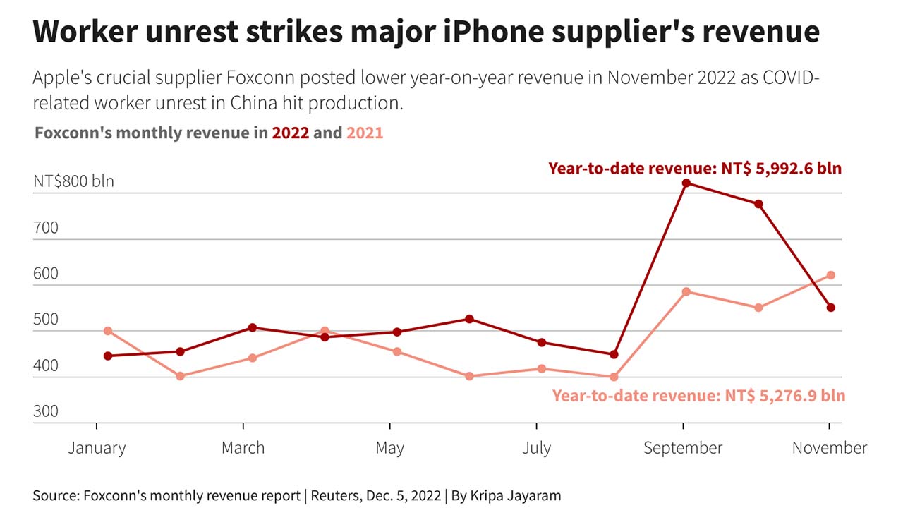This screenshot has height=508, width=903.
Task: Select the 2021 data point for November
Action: [x=831, y=275]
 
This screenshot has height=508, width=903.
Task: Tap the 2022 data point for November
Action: [x=831, y=308]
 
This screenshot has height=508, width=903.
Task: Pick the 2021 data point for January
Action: [x=108, y=331]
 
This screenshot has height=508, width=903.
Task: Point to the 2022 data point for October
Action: [x=758, y=204]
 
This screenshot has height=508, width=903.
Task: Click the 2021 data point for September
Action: [x=686, y=291]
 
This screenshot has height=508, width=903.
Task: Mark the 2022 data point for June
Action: [x=469, y=319]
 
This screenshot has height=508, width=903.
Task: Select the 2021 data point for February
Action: [x=181, y=376]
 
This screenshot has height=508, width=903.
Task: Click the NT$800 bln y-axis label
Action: [x=73, y=181]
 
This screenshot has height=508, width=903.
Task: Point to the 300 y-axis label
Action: [x=46, y=411]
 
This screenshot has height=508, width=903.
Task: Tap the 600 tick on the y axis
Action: [x=46, y=274]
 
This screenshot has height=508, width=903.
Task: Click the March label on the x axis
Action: [x=243, y=448]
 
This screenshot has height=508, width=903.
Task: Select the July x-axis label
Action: [x=537, y=448]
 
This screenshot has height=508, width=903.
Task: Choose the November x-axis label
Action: [x=830, y=448]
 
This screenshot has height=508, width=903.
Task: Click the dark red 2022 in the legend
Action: [x=291, y=133]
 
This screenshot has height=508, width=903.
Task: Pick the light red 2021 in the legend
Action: [x=365, y=133]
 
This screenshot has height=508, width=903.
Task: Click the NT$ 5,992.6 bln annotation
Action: [x=781, y=169]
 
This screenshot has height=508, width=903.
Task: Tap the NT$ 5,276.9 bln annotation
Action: [x=784, y=396]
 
